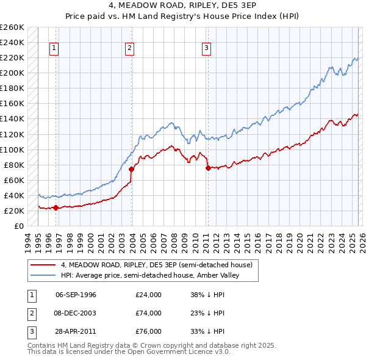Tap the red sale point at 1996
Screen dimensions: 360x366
[56, 207]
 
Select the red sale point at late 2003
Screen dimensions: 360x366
[132, 169]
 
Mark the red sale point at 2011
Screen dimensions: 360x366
[208, 168]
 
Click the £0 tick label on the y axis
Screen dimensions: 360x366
[18, 226]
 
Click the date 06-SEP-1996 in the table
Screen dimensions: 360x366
[76, 295]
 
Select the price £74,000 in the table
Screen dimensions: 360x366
[149, 313]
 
